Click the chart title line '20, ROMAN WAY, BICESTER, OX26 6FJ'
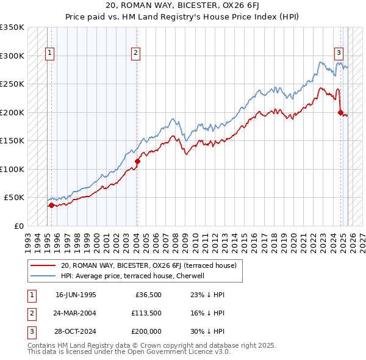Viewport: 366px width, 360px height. [183, 5]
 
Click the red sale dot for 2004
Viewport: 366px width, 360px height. [137, 162]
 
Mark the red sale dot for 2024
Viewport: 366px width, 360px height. [340, 112]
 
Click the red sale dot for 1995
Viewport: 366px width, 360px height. [51, 205]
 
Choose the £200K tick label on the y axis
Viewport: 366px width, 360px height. [12, 112]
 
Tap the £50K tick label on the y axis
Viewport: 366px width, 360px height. [15, 198]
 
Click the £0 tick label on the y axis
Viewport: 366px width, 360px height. [19, 226]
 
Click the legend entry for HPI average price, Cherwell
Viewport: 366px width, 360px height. [135, 276]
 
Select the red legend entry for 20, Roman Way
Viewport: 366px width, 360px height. [152, 265]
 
